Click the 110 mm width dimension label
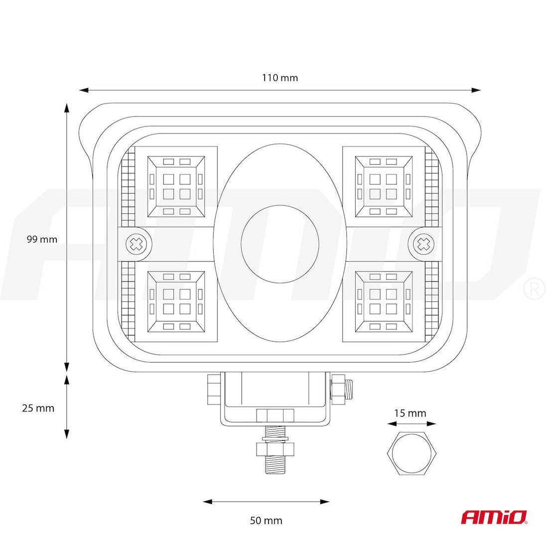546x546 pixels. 280,78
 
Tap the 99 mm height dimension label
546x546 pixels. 42,239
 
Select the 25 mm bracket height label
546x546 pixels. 38,408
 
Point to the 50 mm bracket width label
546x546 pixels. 266,521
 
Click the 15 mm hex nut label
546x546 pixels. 410,413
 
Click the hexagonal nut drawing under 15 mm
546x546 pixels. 411,453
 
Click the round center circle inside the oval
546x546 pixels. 280,244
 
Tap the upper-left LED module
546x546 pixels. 176,187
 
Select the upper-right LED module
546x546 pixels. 384,187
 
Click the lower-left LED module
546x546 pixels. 176,302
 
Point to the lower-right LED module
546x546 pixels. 384,302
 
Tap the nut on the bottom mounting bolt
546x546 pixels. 275,449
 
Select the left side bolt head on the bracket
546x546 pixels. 213,389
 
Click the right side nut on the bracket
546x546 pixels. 337,389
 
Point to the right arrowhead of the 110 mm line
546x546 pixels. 476,90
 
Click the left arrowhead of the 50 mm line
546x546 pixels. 208,502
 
